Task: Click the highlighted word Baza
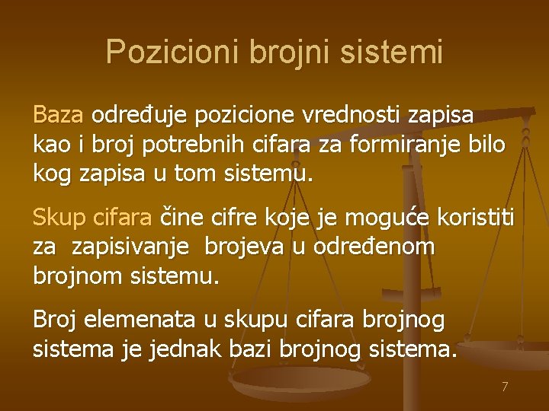[58, 115]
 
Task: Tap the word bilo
[485, 144]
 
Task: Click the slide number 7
[504, 387]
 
